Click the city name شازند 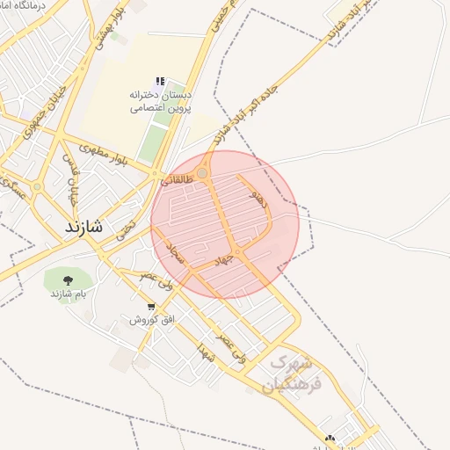[83, 226]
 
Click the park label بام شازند [68, 293]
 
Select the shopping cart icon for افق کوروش [152, 307]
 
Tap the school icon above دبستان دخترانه [160, 82]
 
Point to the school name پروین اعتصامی [161, 108]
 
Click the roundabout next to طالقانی [203, 174]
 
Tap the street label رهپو [259, 196]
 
